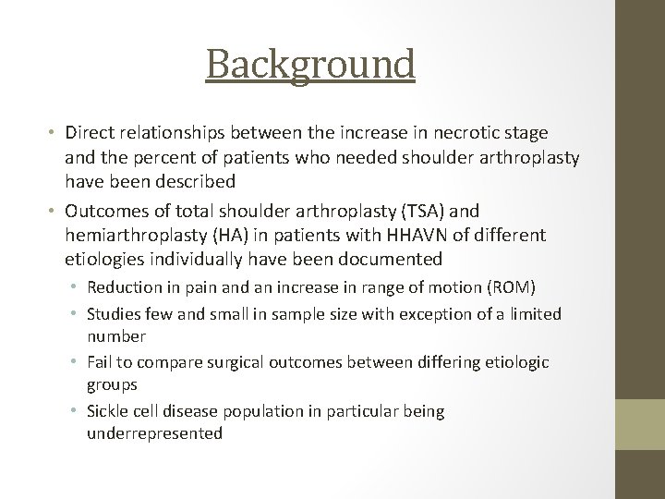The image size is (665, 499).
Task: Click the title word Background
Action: pos(310,65)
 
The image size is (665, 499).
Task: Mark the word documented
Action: pos(387,258)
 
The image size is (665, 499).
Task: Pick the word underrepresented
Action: pos(154,432)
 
